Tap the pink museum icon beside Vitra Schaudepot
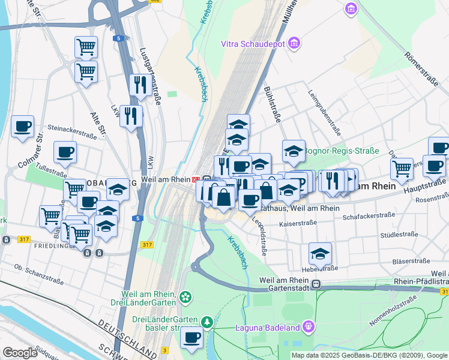pyautogui.click(x=294, y=43)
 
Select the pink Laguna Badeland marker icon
pyautogui.click(x=309, y=326)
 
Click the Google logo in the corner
pyautogui.click(x=20, y=352)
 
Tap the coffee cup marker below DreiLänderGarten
pyautogui.click(x=192, y=338)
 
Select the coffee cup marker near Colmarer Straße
pyautogui.click(x=23, y=127)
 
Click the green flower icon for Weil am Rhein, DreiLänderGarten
pyautogui.click(x=185, y=296)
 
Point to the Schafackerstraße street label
pyautogui.click(x=370, y=214)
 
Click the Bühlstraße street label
pyautogui.click(x=273, y=105)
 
